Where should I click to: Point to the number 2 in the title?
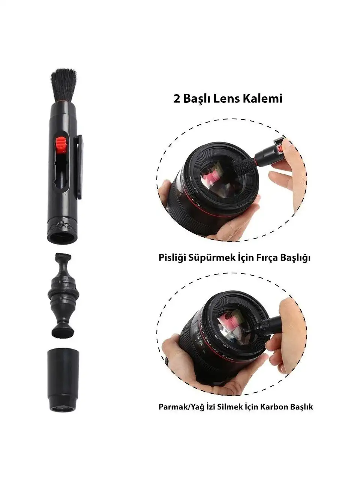tap(177, 99)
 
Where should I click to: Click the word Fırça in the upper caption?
tap(268, 258)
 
